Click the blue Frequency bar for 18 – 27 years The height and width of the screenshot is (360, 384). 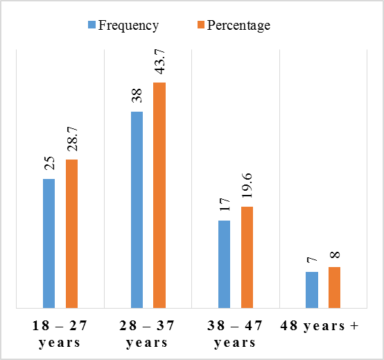click(x=49, y=243)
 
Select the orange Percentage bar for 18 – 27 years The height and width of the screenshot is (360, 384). click(x=72, y=234)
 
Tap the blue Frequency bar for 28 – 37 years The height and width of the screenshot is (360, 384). click(x=137, y=209)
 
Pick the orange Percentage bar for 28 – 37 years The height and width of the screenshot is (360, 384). click(x=159, y=196)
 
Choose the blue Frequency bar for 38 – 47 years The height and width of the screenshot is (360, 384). click(x=225, y=264)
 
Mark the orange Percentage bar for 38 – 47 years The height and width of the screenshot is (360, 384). click(x=247, y=257)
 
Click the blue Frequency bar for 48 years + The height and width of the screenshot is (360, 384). click(x=312, y=290)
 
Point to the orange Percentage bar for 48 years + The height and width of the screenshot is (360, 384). click(x=335, y=287)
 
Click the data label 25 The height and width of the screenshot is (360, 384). click(x=50, y=163)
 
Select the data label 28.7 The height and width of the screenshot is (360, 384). click(x=73, y=139)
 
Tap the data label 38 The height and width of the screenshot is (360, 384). click(x=137, y=96)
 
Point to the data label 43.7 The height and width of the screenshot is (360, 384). click(x=160, y=62)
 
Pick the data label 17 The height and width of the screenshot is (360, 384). click(x=225, y=205)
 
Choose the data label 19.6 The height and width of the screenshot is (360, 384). click(x=247, y=185)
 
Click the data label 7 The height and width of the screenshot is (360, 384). click(x=312, y=260)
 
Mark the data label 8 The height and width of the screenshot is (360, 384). click(x=335, y=255)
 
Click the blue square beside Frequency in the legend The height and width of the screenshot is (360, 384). click(x=91, y=25)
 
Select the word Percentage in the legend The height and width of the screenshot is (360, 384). click(x=238, y=26)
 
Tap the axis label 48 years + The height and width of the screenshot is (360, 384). click(x=320, y=326)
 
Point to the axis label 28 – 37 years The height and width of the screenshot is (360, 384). click(x=147, y=334)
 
